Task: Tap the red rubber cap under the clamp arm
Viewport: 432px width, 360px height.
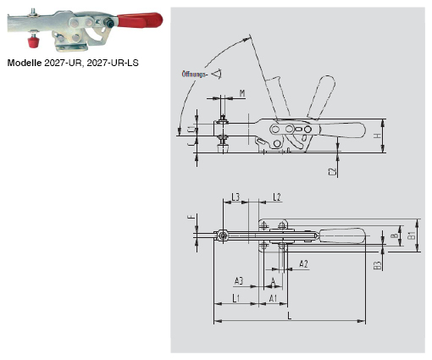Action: click(30, 41)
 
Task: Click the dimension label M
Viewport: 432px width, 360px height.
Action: click(242, 93)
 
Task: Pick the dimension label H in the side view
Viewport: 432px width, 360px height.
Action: click(377, 136)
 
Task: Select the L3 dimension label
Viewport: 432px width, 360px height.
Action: click(236, 197)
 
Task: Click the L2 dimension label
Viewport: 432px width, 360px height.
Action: click(275, 197)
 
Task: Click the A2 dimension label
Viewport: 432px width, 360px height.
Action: click(302, 264)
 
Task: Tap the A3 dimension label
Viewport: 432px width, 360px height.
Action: click(239, 280)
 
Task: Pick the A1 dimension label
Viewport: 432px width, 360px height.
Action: click(273, 299)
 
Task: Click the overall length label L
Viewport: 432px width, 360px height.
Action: click(290, 316)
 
